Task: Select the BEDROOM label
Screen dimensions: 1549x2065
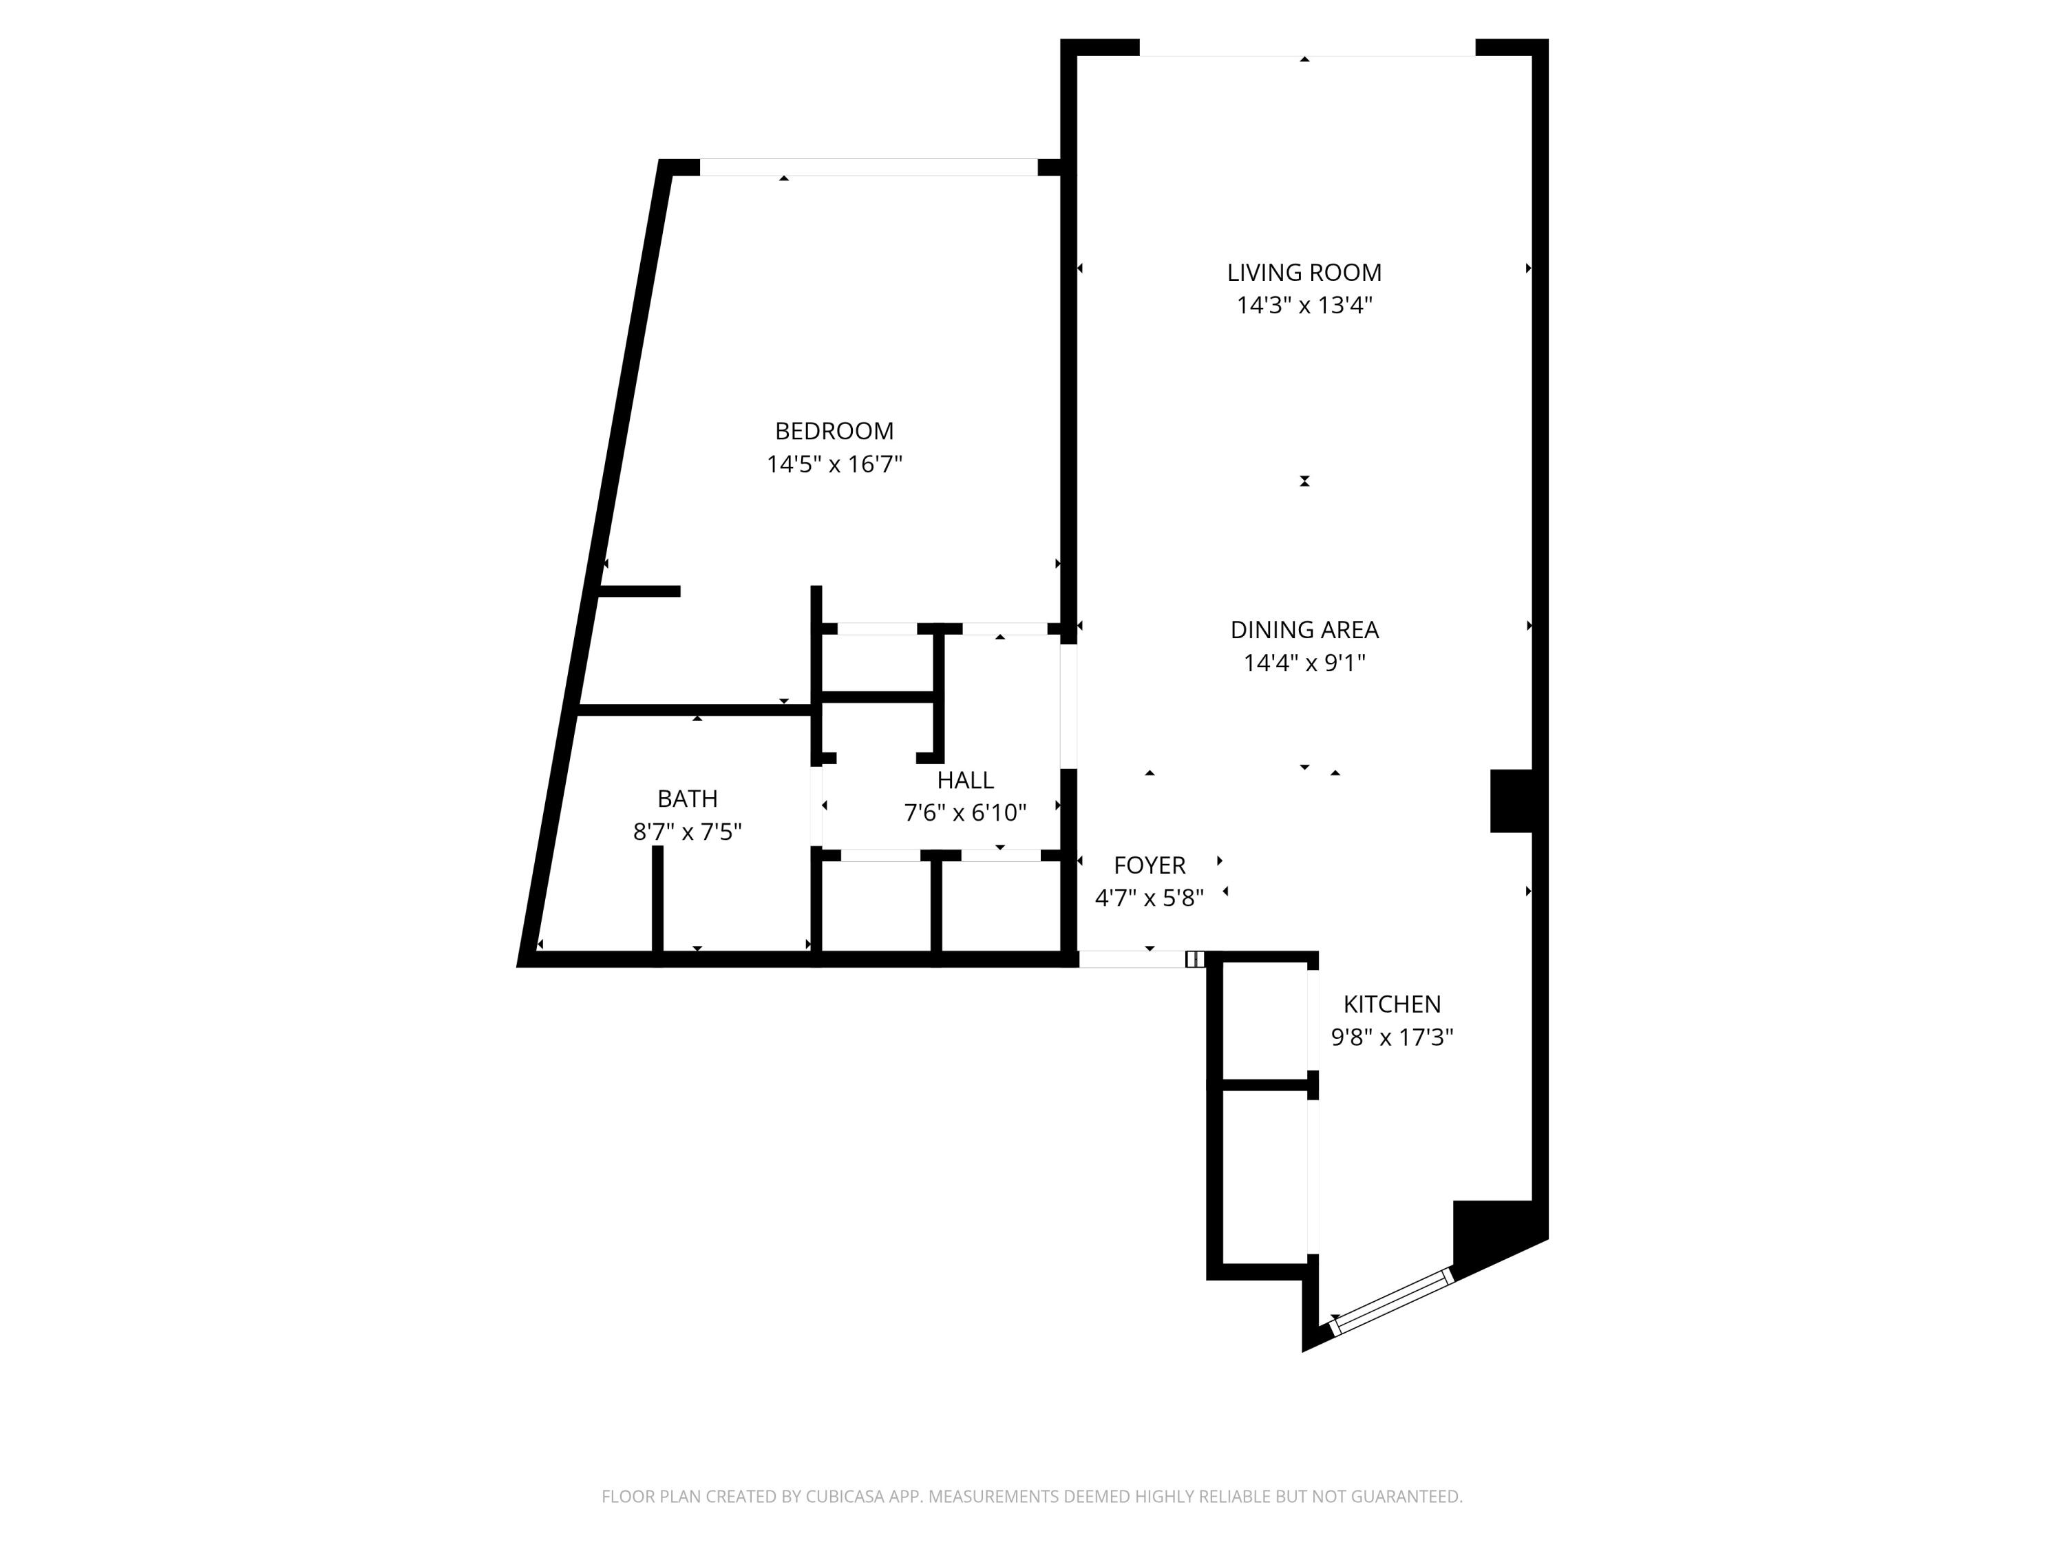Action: coord(834,432)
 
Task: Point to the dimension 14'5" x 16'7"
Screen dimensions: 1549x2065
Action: coord(834,464)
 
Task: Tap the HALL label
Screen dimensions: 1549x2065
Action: coord(964,779)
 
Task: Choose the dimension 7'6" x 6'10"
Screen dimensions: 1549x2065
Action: coord(964,812)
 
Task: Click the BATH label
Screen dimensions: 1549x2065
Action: coord(687,799)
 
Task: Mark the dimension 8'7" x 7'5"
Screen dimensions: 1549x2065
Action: coord(687,831)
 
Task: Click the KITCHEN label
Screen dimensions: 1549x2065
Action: coord(1391,1004)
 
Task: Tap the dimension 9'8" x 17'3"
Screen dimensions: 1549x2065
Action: coord(1391,1037)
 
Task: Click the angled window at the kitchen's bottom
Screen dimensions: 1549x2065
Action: coord(1391,1300)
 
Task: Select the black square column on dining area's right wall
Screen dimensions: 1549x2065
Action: coord(1510,800)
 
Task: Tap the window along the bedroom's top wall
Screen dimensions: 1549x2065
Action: coord(868,167)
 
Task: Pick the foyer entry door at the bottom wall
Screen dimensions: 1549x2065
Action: coord(1132,959)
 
